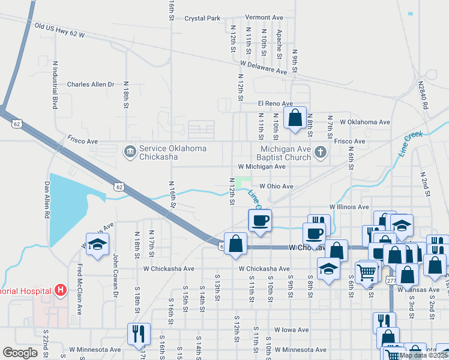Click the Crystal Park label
[x=202, y=19]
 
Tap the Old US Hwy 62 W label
[x=59, y=31]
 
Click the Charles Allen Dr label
[x=90, y=85]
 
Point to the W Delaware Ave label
[x=264, y=66]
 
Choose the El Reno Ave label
[x=275, y=104]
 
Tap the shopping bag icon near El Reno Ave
[x=295, y=118]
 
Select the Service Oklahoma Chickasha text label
[x=173, y=152]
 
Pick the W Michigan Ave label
[x=262, y=166]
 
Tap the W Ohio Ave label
[x=276, y=187]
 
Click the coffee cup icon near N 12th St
[x=260, y=220]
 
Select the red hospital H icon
[x=60, y=291]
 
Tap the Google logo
[x=20, y=353]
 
